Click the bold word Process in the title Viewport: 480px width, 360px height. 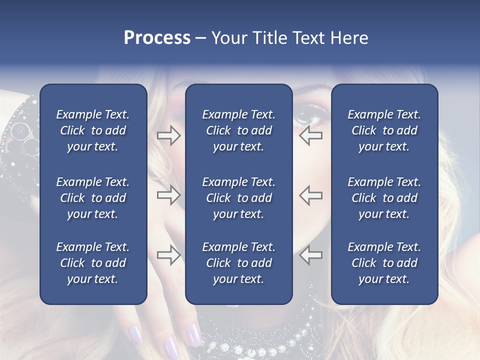[x=157, y=38]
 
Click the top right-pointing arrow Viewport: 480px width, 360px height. [x=168, y=135]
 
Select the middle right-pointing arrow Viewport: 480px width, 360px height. [x=168, y=195]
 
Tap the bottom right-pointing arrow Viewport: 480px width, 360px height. [x=168, y=255]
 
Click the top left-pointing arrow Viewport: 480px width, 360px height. [x=310, y=135]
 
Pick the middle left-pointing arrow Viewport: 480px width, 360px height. [x=310, y=195]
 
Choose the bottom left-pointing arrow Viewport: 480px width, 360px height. [x=310, y=255]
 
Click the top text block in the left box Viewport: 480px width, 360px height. [x=93, y=130]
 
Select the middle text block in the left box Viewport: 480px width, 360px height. [x=93, y=198]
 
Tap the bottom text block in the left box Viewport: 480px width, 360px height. [x=93, y=263]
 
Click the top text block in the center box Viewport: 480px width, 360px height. [x=238, y=130]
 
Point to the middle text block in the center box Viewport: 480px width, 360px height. [x=238, y=198]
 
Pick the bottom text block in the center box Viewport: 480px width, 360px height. [x=238, y=263]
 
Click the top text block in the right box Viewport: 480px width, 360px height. [x=384, y=130]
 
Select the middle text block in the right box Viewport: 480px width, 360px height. [x=384, y=198]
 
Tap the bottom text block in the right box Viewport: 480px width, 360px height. [x=384, y=263]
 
